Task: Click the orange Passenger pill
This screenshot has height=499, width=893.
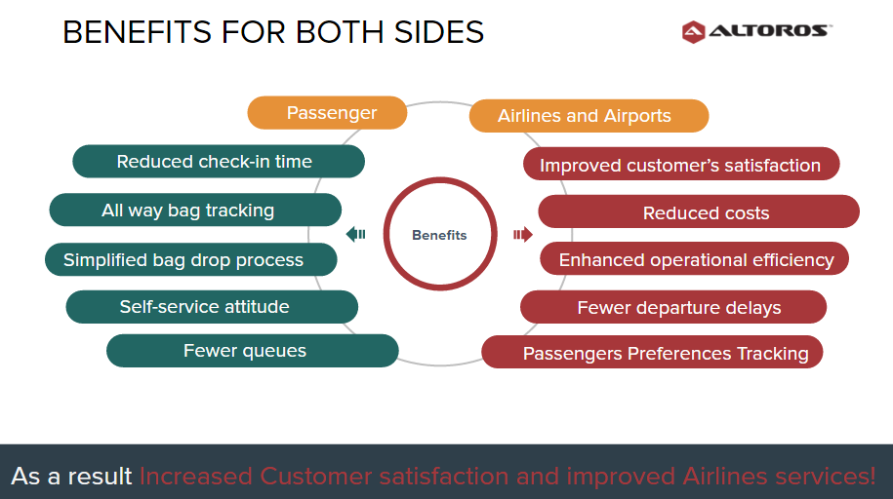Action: (327, 113)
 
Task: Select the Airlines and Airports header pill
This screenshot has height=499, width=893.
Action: (589, 116)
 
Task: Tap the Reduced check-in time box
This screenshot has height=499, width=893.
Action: (219, 162)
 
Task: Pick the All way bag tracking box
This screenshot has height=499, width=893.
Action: (195, 210)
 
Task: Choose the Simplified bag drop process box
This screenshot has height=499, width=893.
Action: (190, 259)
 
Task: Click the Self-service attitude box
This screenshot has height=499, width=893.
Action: (212, 307)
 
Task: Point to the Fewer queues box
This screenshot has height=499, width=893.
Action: (253, 351)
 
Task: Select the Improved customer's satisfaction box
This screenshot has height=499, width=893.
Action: (681, 165)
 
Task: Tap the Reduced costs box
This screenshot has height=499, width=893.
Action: (699, 211)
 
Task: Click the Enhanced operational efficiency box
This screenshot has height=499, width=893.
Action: (694, 259)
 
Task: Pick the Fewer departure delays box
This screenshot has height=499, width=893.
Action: (673, 307)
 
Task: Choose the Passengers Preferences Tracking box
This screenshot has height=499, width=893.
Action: (652, 352)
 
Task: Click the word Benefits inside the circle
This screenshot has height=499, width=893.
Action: (439, 235)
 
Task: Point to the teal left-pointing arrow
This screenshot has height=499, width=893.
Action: (355, 234)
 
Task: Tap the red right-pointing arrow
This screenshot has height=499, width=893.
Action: (523, 235)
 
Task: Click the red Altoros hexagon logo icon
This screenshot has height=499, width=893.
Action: (693, 32)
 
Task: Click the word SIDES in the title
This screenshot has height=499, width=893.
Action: (438, 32)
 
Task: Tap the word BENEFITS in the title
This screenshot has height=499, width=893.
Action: (138, 32)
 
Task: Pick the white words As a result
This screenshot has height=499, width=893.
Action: (71, 477)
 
